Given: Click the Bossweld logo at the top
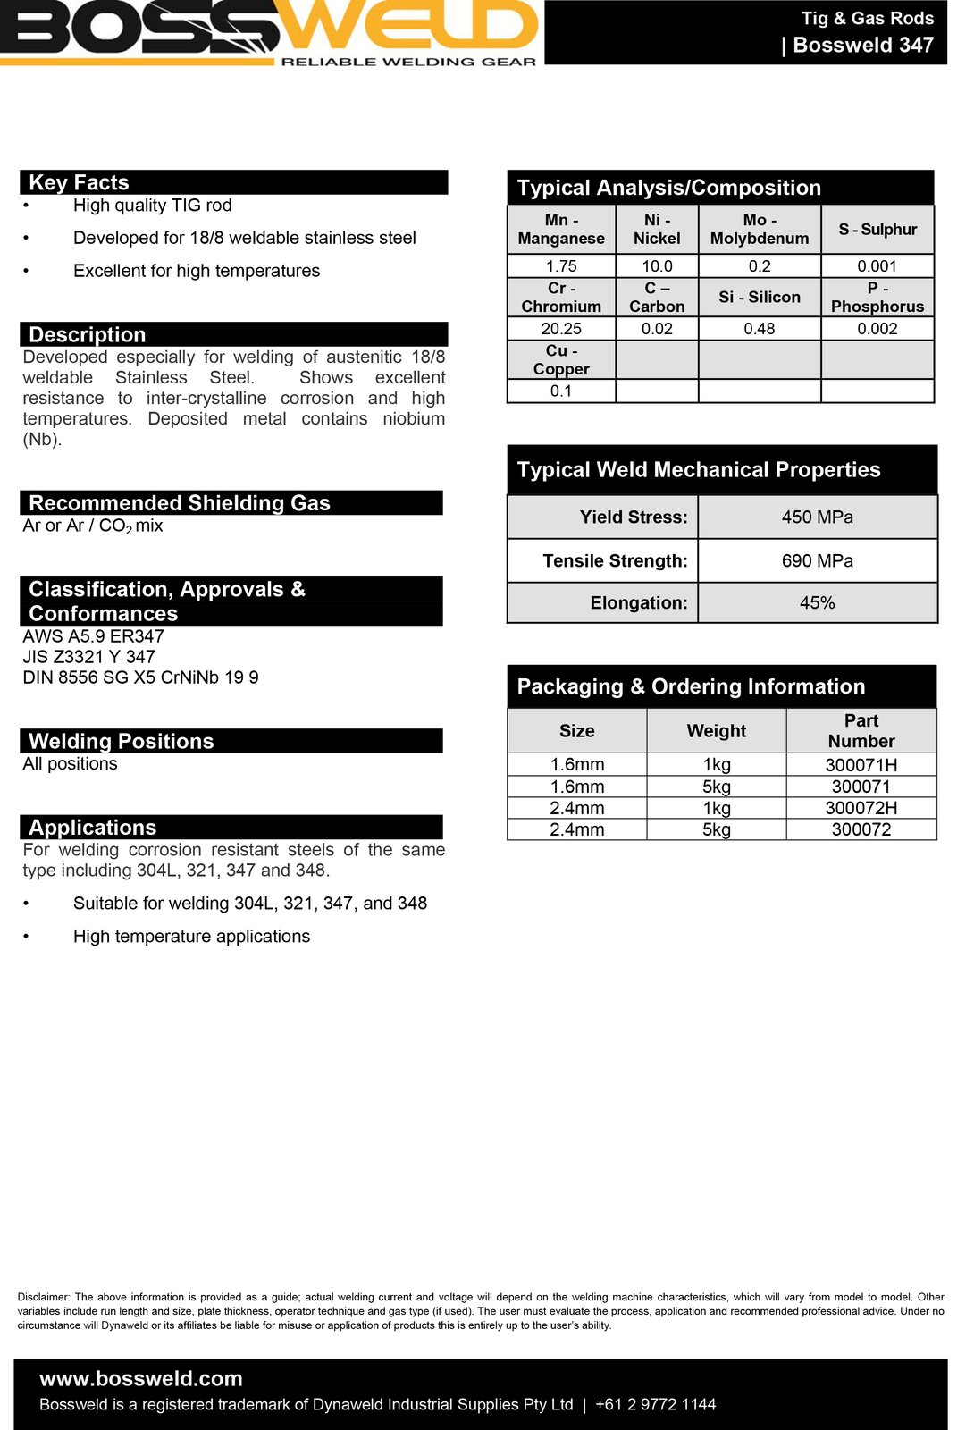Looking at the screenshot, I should tap(268, 32).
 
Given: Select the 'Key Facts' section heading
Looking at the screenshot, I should tap(79, 182).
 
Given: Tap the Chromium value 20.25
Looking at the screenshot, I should tap(561, 329).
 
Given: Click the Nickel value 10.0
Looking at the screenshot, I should tap(657, 266).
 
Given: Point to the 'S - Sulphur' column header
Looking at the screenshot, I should tap(877, 230).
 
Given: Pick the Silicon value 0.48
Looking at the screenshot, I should tap(760, 329).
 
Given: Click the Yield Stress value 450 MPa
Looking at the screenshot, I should tap(817, 517).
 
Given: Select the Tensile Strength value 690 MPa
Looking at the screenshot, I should tap(817, 561).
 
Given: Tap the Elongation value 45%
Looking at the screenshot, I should tap(817, 603).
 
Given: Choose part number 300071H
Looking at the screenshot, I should tap(861, 765).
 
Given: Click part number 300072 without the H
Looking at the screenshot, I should tap(861, 829).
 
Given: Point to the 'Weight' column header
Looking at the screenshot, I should tap(716, 731).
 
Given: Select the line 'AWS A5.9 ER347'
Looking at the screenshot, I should tap(93, 636).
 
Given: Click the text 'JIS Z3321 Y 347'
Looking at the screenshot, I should tap(88, 657).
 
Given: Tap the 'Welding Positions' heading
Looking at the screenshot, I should tap(121, 741).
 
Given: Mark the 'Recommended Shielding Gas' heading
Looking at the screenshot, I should tap(179, 503).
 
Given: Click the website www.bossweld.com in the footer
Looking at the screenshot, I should tap(141, 1379).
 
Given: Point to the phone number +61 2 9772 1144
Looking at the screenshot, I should tap(655, 1405).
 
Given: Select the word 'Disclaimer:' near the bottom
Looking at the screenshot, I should tap(44, 1297).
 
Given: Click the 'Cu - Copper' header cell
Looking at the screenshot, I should tap(561, 360).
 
